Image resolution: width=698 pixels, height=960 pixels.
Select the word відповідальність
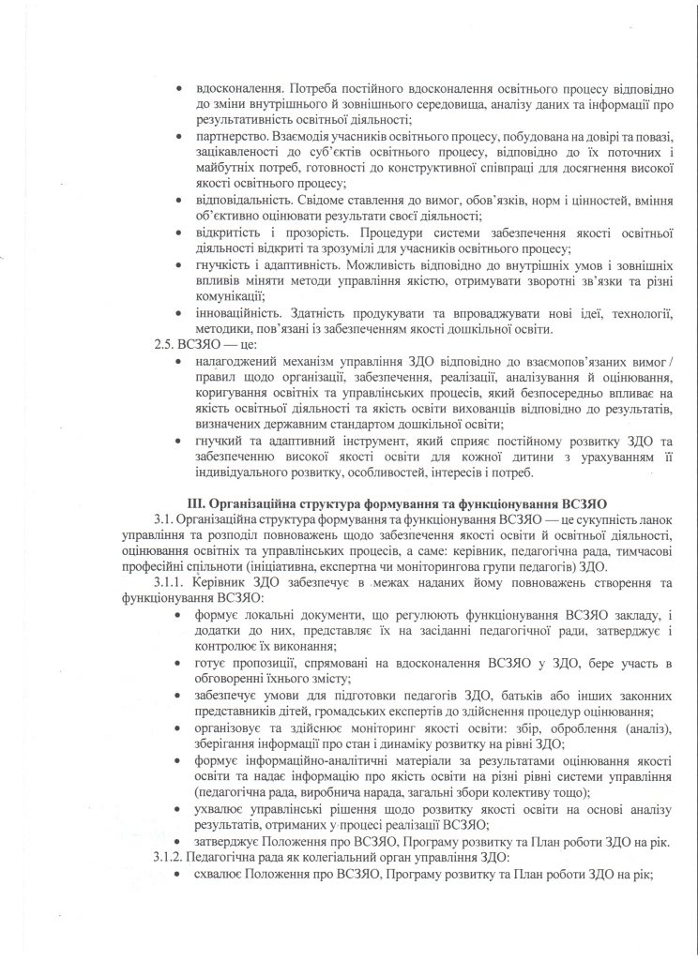[x=243, y=200]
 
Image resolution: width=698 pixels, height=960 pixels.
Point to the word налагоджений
[x=239, y=361]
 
